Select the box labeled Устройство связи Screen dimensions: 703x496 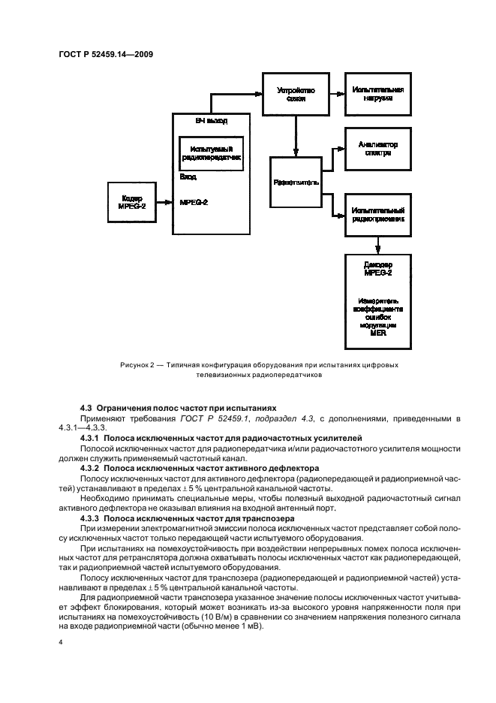click(x=296, y=94)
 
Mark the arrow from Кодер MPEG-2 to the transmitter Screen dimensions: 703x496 click(x=163, y=201)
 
